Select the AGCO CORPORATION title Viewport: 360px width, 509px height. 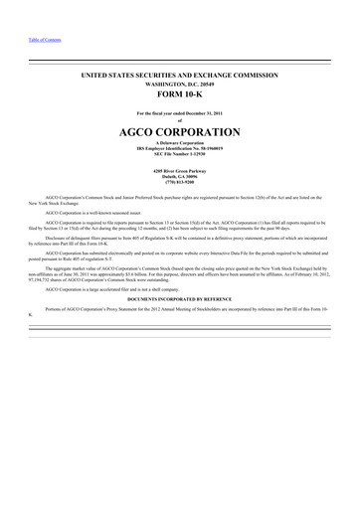pos(180,132)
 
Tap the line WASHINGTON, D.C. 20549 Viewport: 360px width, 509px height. pos(180,86)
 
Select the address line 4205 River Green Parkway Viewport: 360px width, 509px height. pos(180,169)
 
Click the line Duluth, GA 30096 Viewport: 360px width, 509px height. pos(180,175)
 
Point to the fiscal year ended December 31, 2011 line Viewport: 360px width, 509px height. pos(180,114)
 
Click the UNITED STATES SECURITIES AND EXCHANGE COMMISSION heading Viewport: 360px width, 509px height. pos(180,77)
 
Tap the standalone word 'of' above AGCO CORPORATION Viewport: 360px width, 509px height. pos(180,121)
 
